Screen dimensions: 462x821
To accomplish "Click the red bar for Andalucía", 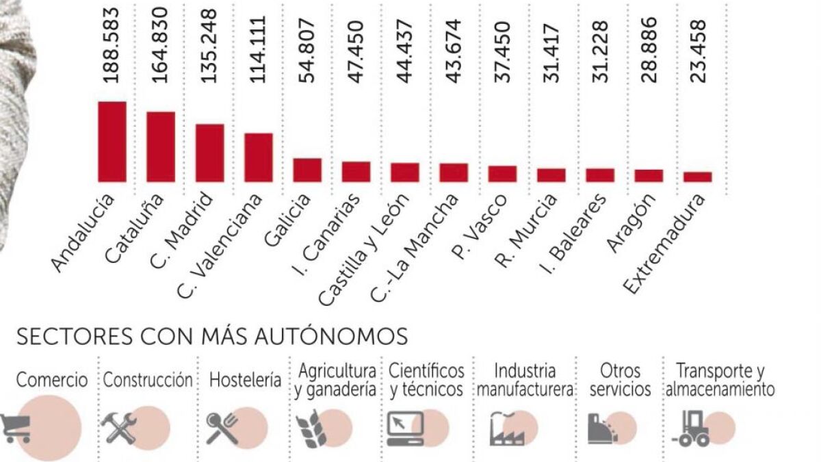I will pos(112,142).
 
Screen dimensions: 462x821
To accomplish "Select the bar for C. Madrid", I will pos(209,153).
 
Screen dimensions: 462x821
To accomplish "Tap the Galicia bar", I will pos(307,170).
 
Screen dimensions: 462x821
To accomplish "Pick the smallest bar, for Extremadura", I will pos(697,177).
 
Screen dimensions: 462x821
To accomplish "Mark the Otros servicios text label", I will pos(620,381).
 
